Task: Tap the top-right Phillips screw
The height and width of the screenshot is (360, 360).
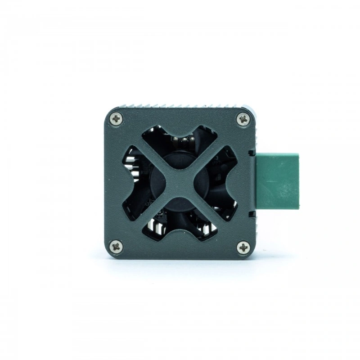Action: (x=243, y=119)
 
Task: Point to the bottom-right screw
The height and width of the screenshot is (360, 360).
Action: (x=243, y=247)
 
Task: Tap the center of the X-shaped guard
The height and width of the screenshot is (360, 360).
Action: (x=180, y=182)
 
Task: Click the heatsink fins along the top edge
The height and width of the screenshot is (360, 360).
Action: (x=180, y=106)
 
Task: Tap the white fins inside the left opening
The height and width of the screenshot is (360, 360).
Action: (x=130, y=164)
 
